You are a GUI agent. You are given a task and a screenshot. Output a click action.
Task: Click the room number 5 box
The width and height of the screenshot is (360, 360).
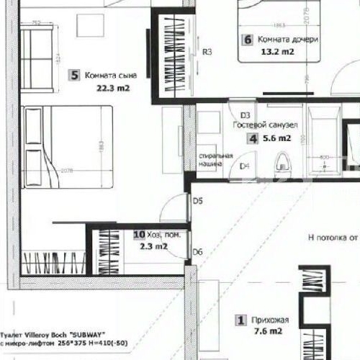coord(74,74)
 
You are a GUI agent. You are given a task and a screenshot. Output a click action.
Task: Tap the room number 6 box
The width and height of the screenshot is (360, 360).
coord(247,40)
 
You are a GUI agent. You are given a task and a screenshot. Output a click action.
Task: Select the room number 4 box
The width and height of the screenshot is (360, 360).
coord(253,138)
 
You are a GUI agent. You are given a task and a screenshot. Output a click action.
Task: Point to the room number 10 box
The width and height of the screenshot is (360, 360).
coord(140,235)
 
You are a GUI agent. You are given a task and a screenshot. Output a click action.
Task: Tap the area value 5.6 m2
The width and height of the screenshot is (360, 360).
coord(276,138)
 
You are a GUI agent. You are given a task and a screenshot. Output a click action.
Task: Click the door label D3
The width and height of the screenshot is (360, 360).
coord(245,114)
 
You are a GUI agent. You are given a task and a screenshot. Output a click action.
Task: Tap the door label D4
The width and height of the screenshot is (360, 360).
coord(244,166)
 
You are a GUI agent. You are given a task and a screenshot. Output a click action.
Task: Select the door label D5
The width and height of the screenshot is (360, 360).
coord(198,201)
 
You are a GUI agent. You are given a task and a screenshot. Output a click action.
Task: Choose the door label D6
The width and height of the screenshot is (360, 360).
coord(198,251)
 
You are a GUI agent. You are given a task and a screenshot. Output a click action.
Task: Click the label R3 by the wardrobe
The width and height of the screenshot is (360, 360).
coord(207,51)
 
